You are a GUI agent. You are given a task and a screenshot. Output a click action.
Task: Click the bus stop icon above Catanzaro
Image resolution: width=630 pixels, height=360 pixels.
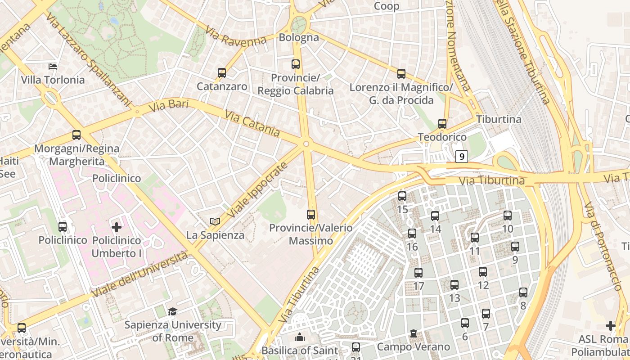point(221,72)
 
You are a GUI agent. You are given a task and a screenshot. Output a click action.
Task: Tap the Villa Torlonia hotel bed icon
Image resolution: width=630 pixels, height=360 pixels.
point(53,67)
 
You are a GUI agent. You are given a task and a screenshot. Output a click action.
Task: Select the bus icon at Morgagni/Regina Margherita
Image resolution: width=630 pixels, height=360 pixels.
point(76,135)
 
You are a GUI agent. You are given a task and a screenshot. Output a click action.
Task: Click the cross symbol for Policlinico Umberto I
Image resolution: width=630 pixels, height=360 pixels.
point(117,227)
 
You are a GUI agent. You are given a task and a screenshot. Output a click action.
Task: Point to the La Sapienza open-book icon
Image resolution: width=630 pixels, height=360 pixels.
point(215,221)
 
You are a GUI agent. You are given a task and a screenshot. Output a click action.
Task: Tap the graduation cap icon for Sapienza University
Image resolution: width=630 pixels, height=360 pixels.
point(172,311)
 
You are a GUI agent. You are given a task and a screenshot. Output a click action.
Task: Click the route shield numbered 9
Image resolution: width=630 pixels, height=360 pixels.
point(461,157)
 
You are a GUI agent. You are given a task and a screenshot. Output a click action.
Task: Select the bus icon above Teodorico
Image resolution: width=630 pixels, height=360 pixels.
point(442,123)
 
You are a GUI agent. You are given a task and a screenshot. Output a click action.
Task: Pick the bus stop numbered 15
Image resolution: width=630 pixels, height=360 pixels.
point(402,196)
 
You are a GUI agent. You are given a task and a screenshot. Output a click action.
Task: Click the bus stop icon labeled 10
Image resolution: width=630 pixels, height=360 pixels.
point(508,215)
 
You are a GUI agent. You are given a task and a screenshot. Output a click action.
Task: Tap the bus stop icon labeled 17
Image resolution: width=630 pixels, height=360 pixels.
point(418,272)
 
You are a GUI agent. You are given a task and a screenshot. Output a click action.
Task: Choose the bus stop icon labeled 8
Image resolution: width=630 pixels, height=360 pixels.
point(523,292)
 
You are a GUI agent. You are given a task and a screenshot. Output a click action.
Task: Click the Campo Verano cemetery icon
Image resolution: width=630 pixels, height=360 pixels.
point(413,334)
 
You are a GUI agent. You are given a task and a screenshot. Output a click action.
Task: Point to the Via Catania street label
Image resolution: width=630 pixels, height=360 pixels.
point(252,124)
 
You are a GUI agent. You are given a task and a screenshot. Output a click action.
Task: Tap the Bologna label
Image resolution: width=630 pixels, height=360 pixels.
point(299,37)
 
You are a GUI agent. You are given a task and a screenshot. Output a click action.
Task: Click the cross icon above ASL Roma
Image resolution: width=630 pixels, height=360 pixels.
point(610,325)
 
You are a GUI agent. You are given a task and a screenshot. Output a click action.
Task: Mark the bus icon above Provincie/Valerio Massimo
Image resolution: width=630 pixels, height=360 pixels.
point(311,214)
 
